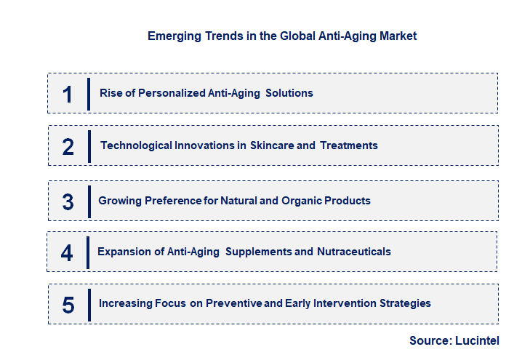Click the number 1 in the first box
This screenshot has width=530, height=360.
click(68, 94)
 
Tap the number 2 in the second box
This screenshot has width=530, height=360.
click(68, 146)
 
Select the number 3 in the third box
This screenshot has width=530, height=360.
click(68, 201)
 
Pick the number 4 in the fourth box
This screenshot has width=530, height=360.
click(67, 252)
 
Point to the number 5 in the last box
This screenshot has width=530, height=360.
click(68, 304)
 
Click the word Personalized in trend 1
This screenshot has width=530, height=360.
click(167, 93)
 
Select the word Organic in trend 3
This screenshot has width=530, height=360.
click(303, 201)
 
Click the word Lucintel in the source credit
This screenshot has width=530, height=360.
click(477, 340)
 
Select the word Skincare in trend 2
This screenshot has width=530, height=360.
click(273, 145)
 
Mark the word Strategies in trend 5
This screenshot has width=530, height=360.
click(405, 303)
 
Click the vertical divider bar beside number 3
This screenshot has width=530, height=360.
click(89, 201)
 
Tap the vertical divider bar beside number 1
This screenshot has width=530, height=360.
click(89, 93)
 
